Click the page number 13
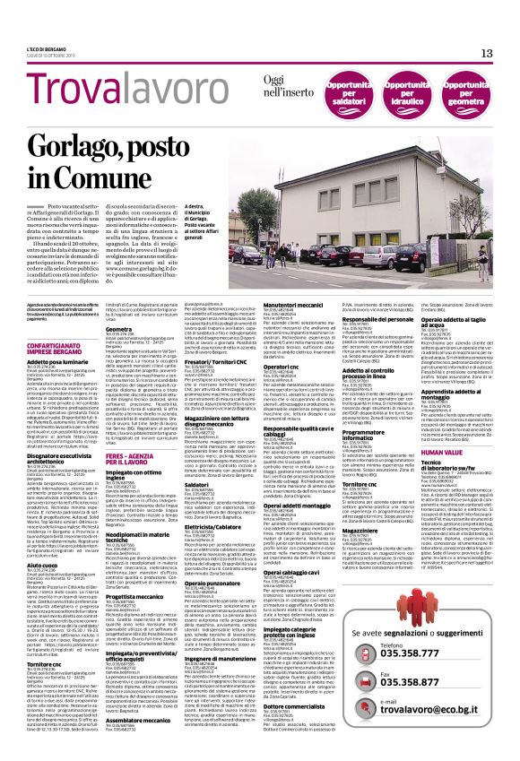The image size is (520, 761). tap(487, 54)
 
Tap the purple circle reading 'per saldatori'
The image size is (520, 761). tap(351, 94)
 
